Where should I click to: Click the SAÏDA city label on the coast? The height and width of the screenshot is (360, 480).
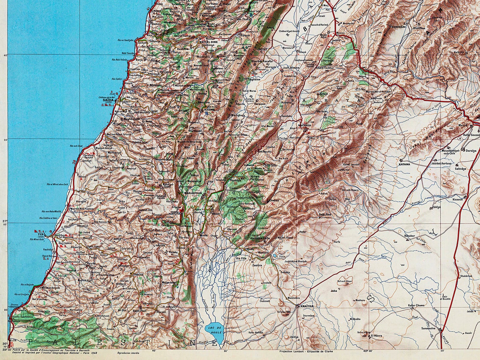pos(108,100)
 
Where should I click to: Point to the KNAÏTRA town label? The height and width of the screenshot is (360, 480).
pos(306,307)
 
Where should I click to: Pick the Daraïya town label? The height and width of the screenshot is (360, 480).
pos(470,150)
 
